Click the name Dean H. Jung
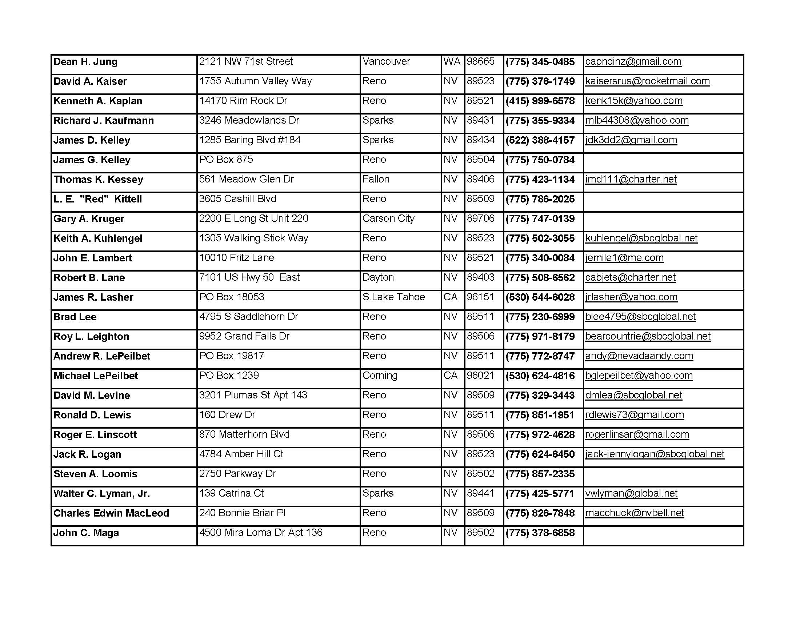point(85,62)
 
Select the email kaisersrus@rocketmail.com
point(647,81)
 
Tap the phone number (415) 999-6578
point(540,101)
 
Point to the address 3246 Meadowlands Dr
point(249,120)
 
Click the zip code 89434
point(481,140)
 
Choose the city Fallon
point(376,179)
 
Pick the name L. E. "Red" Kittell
point(97,199)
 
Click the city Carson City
point(388,218)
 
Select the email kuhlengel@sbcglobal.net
point(641,238)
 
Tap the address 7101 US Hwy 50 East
point(249,277)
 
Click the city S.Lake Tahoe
point(393,297)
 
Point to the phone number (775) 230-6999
point(540,317)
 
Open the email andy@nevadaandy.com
point(639,356)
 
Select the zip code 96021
point(481,376)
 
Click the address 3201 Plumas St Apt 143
point(253,395)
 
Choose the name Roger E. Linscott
point(95,434)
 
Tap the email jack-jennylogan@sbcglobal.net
point(655,454)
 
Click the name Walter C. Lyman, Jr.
point(101,494)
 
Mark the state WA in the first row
point(452,61)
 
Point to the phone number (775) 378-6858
point(540,533)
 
